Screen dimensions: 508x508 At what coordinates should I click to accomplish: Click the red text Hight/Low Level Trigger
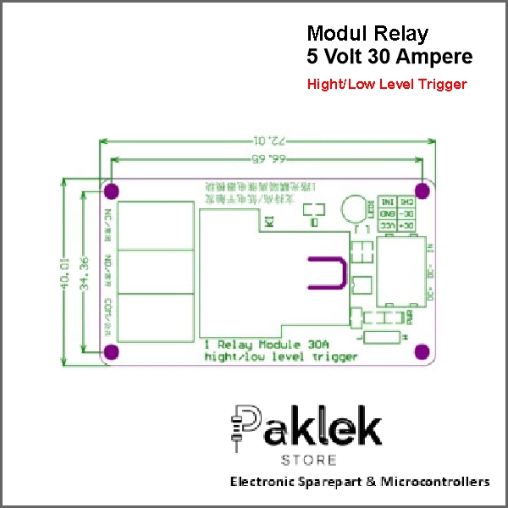pyautogui.click(x=387, y=85)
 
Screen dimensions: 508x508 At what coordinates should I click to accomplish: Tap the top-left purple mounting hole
pyautogui.click(x=113, y=190)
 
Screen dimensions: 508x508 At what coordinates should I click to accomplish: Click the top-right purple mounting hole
pyautogui.click(x=422, y=190)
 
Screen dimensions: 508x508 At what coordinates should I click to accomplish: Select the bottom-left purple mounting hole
pyautogui.click(x=111, y=351)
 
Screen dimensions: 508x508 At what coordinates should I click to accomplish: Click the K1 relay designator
pyautogui.click(x=268, y=222)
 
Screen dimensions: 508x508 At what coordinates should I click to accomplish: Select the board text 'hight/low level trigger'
pyautogui.click(x=280, y=356)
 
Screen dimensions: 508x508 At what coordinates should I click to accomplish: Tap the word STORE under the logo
pyautogui.click(x=308, y=461)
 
